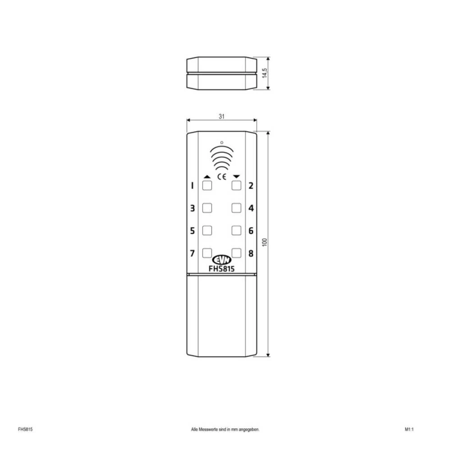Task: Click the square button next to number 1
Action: pyautogui.click(x=207, y=185)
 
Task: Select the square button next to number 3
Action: pyautogui.click(x=207, y=208)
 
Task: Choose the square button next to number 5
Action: pyautogui.click(x=207, y=230)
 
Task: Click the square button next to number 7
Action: pyautogui.click(x=207, y=253)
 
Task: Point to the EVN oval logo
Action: pyautogui.click(x=221, y=260)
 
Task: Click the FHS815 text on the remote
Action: pyautogui.click(x=221, y=268)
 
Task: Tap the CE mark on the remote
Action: pyautogui.click(x=222, y=176)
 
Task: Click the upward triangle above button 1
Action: pyautogui.click(x=207, y=176)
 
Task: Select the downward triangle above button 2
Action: pyautogui.click(x=237, y=176)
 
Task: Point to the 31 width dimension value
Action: pyautogui.click(x=221, y=116)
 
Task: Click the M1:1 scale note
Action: pyautogui.click(x=409, y=429)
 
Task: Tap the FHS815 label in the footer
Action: pyautogui.click(x=25, y=429)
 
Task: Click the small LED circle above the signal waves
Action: pyautogui.click(x=221, y=143)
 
